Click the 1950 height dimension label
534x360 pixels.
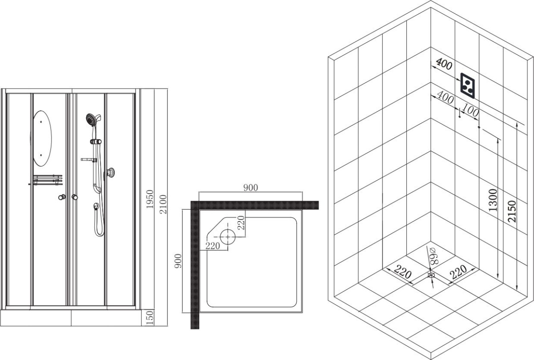(150, 199)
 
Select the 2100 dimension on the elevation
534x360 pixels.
(163, 204)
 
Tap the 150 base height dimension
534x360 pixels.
(150, 317)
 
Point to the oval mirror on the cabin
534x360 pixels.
(42, 138)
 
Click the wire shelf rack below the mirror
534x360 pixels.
(47, 180)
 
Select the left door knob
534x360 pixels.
(62, 197)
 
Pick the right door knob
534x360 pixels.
(75, 197)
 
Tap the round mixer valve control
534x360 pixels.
(110, 173)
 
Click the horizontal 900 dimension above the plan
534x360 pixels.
(251, 188)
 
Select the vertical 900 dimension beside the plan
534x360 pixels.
(178, 261)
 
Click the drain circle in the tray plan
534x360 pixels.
(228, 237)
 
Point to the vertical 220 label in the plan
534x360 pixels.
(241, 222)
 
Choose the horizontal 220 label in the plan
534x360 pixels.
(213, 246)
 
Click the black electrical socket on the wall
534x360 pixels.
(468, 85)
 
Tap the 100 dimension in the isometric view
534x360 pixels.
(470, 110)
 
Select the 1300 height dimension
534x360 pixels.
(493, 200)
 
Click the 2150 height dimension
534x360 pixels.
(512, 211)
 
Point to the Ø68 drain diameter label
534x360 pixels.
(433, 256)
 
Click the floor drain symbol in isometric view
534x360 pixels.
(431, 275)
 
